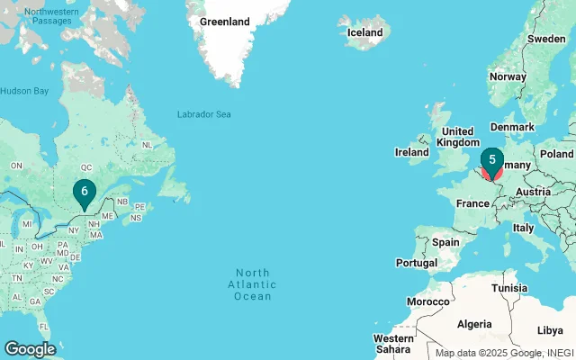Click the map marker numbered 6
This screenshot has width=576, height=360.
84,192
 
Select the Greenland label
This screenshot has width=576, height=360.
224,22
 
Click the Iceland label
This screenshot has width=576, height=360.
364,32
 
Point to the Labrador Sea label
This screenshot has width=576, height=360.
203,114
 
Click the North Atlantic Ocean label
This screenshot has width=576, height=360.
253,284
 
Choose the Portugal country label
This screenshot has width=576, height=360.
416,263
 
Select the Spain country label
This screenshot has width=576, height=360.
445,242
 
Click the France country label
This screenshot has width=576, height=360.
472,204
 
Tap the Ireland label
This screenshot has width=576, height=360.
412,153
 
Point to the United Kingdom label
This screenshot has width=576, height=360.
458,137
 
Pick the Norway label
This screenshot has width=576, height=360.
507,76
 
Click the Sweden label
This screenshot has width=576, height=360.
546,39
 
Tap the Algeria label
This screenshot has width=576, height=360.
475,323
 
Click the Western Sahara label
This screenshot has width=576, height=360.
392,344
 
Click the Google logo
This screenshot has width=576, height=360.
30,348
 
